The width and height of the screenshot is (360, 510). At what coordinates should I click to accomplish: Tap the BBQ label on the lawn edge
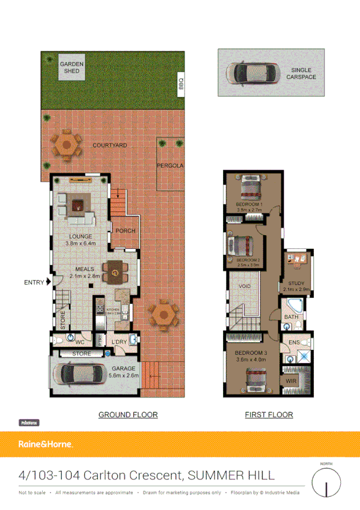click(x=180, y=85)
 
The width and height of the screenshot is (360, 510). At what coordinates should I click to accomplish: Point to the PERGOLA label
click(x=170, y=165)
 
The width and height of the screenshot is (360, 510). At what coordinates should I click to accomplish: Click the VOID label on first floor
click(x=245, y=286)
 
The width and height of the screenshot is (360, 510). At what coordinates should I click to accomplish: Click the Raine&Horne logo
click(x=46, y=444)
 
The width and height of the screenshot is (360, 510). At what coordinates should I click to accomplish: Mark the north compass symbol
click(x=326, y=482)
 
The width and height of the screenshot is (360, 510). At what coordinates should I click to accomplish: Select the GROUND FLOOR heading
click(x=128, y=414)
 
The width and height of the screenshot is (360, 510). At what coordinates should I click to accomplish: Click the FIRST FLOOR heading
click(x=269, y=414)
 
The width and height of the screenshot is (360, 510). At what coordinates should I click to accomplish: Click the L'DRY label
click(x=118, y=343)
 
